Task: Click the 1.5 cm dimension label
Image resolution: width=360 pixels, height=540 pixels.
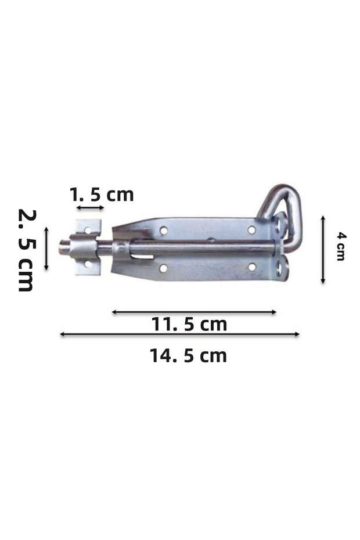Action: [x=102, y=195]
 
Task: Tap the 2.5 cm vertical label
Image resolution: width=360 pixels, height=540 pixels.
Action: [x=26, y=250]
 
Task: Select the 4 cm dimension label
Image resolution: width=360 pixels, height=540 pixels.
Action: [x=341, y=247]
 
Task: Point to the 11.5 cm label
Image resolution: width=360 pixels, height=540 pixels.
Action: [x=189, y=325]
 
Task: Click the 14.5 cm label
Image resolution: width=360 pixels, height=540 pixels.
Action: [x=189, y=356]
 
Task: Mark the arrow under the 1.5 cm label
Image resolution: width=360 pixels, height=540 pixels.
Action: [x=90, y=208]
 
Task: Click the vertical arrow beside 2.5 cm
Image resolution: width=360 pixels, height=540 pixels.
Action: [x=46, y=248]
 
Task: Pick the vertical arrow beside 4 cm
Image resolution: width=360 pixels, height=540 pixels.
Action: [x=323, y=250]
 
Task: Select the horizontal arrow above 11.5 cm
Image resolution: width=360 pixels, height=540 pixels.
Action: [x=195, y=312]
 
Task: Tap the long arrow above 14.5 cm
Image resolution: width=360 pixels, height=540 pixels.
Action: [x=179, y=334]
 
